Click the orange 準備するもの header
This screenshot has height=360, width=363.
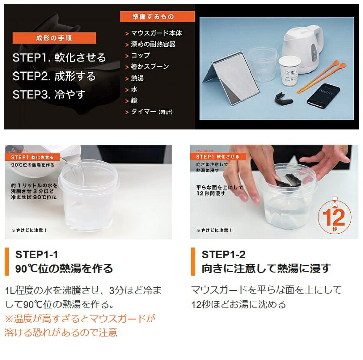[x=150, y=16]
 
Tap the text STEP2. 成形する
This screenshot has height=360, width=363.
[x=54, y=76]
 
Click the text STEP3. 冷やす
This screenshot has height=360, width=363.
[x=49, y=94]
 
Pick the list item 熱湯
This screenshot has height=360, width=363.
[x=138, y=78]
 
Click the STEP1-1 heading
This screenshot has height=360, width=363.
[x=36, y=254]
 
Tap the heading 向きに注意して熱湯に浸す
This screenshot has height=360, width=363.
[x=266, y=269]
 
